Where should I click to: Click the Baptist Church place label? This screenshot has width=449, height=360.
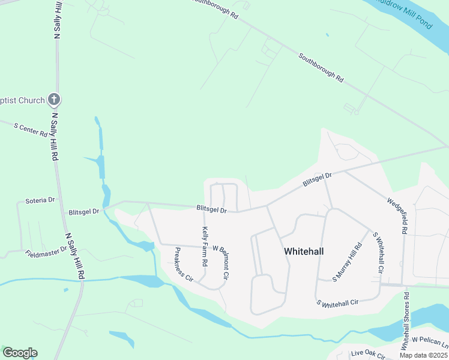(22, 100)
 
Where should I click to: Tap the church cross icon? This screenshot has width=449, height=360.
(53, 100)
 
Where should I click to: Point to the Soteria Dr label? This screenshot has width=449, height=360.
(40, 200)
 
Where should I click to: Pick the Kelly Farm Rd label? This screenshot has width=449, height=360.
(205, 247)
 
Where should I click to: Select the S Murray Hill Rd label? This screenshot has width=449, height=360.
(348, 262)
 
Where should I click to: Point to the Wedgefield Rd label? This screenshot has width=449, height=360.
(398, 215)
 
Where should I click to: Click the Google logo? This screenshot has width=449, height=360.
(20, 353)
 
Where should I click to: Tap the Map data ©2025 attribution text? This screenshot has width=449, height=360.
(423, 355)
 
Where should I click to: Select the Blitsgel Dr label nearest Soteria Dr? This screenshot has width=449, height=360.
(84, 212)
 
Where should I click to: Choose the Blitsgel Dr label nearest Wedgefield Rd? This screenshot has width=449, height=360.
(317, 178)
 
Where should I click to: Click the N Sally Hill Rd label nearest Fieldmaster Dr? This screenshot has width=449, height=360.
(74, 256)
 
